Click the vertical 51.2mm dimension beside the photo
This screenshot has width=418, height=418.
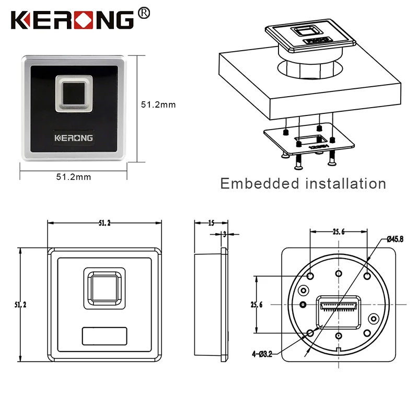(158, 104)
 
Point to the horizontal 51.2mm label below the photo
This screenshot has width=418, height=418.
(73, 177)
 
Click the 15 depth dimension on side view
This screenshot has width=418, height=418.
(211, 223)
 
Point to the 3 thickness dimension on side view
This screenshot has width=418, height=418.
(224, 234)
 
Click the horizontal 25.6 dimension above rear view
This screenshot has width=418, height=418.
(338, 232)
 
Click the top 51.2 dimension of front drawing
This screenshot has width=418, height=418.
(104, 223)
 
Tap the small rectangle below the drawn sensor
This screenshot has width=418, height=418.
(104, 336)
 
